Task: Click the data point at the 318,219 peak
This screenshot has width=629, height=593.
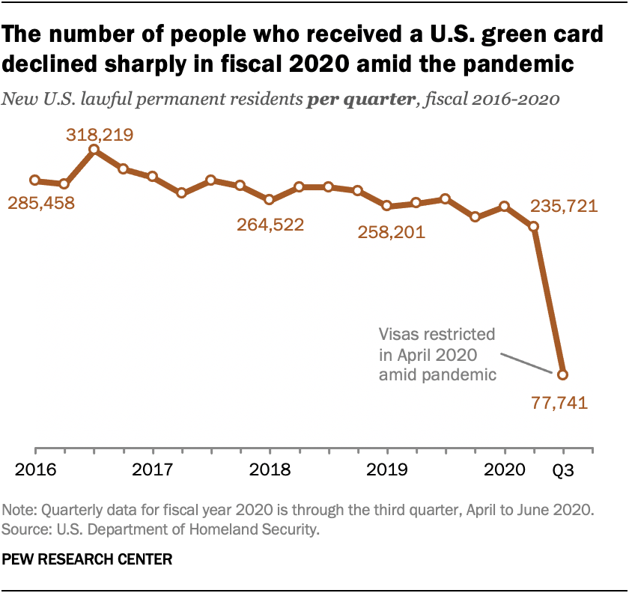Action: point(94,150)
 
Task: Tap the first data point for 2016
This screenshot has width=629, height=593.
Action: point(34,180)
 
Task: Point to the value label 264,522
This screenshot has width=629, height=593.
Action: point(270,224)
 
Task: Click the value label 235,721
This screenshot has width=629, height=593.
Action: point(563,206)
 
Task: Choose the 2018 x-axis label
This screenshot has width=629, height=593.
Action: point(270,472)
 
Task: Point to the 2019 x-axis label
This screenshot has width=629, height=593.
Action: point(386,472)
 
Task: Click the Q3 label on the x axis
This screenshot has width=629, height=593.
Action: point(563,472)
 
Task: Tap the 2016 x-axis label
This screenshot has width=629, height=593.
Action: point(35,472)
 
